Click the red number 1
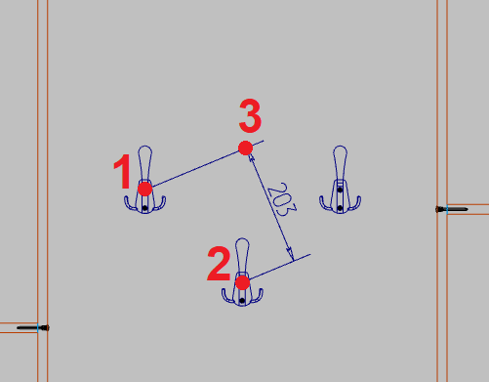(123, 172)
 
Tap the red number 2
(219, 264)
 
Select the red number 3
(250, 116)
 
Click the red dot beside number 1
(145, 190)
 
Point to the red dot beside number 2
(242, 282)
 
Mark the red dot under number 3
(245, 149)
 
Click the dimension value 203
(282, 199)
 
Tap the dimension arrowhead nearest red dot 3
(251, 158)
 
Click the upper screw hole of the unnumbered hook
(340, 190)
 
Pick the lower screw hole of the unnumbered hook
(340, 208)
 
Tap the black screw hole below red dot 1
(145, 208)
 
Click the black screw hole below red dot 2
(242, 301)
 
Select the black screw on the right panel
(452, 209)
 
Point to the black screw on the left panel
(33, 327)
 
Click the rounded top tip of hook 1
(145, 147)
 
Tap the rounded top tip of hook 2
(242, 238)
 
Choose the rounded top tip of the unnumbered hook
(340, 147)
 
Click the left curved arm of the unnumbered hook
(325, 205)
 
